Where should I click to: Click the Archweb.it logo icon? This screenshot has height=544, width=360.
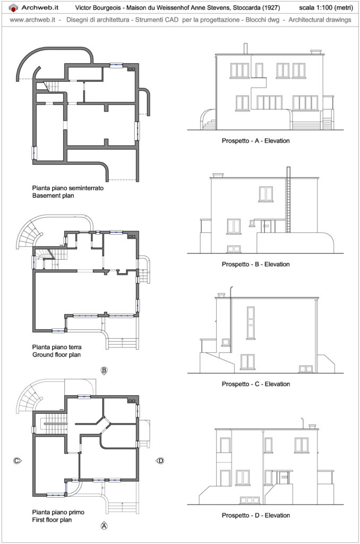click(x=13, y=7)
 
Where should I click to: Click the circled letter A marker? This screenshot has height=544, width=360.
click(x=104, y=526)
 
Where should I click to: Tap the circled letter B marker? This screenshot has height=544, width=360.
click(x=104, y=370)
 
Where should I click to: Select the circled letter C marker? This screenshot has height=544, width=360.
click(x=16, y=461)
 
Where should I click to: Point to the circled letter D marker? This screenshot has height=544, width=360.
click(x=160, y=461)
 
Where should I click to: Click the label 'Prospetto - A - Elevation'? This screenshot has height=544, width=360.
click(x=255, y=141)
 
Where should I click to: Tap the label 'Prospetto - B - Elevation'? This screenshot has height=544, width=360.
click(x=255, y=265)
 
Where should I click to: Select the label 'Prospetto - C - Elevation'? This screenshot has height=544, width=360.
click(x=255, y=384)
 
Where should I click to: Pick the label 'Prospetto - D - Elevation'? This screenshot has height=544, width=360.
click(x=255, y=515)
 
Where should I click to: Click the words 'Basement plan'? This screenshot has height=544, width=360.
click(x=53, y=195)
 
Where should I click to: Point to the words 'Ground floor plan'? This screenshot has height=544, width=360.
click(x=56, y=354)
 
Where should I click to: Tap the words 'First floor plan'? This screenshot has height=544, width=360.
click(x=52, y=520)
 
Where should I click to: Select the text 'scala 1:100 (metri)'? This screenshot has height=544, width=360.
click(x=325, y=7)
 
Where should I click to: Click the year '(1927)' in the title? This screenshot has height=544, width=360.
click(x=270, y=7)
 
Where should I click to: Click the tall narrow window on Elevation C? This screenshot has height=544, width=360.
click(x=251, y=322)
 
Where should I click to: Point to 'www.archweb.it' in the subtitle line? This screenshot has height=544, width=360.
click(x=32, y=20)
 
